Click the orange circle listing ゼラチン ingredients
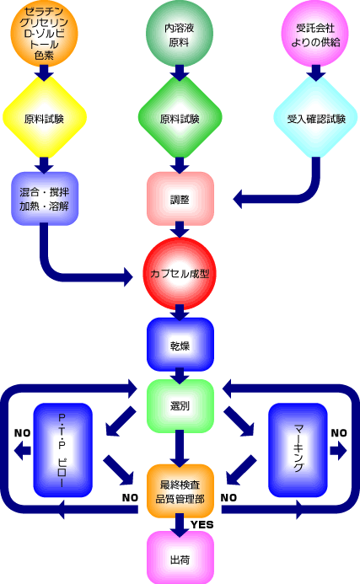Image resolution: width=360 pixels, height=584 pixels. [x=44, y=34]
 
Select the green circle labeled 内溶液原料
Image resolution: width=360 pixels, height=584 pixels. [x=180, y=34]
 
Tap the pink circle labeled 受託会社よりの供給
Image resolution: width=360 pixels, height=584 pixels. [x=315, y=34]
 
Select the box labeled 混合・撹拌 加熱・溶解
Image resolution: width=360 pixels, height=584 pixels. [x=45, y=199]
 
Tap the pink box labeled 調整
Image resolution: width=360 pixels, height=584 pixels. [x=180, y=199]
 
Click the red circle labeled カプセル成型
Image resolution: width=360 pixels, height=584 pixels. [x=180, y=273]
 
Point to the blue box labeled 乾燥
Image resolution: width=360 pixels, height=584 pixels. [x=180, y=345]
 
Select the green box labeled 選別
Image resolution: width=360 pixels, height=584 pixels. [x=180, y=406]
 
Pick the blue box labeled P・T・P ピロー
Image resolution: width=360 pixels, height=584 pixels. [x=62, y=450]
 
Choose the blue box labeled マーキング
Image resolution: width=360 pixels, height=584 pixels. [x=298, y=450]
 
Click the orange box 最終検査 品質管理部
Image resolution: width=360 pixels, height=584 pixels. [x=180, y=491]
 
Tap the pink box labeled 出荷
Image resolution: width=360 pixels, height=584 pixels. [x=180, y=558]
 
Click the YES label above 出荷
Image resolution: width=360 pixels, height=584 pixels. [x=202, y=525]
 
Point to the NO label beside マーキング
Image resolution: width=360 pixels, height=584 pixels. [x=339, y=433]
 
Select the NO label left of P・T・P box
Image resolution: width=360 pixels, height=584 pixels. [x=22, y=433]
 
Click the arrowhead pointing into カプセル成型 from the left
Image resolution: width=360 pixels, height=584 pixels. [x=128, y=276]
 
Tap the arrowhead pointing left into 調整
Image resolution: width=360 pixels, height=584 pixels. [x=238, y=199]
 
